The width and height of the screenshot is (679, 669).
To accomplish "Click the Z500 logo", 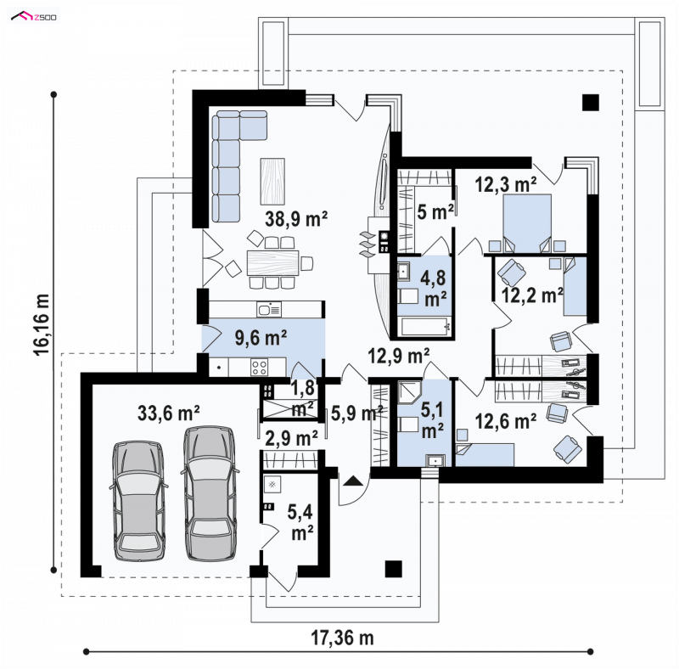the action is click(34, 17).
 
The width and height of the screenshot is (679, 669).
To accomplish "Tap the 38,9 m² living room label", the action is click(296, 218).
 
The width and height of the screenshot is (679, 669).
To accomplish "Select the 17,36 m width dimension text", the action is click(342, 638).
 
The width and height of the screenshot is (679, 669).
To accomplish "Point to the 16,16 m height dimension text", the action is click(42, 324).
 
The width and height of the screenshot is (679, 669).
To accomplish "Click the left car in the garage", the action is click(138, 501).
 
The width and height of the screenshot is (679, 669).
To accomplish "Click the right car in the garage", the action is click(210, 493).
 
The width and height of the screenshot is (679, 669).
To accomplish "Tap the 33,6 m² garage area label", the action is click(168, 413).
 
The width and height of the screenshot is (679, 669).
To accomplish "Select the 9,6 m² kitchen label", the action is click(261, 337).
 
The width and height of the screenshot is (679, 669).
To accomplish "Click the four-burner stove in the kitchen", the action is click(260, 368).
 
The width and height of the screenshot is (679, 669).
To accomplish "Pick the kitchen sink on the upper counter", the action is click(268, 309).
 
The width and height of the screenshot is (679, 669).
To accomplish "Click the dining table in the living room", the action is click(273, 262).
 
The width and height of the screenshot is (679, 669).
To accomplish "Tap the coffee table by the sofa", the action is click(272, 182).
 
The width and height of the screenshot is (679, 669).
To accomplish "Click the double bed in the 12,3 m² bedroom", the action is click(527, 223).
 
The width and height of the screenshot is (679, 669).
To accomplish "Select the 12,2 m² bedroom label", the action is click(532, 295).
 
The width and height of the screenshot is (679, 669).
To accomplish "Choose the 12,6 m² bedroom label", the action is click(506, 421).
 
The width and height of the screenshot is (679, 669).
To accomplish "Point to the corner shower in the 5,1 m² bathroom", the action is click(409, 392).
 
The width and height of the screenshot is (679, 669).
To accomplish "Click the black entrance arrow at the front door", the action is click(353, 480).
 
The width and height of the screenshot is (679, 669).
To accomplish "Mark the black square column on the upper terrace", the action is click(590, 103).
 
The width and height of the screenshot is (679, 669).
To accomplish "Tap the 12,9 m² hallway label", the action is click(399, 356).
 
